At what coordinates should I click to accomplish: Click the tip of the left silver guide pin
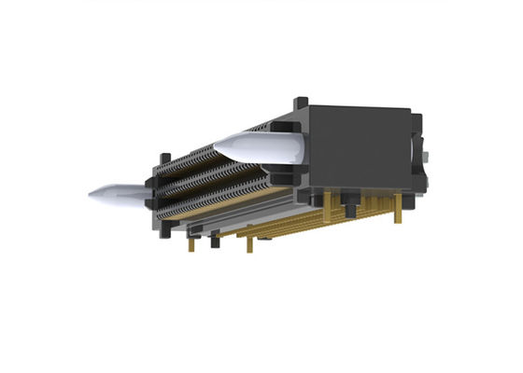(92, 195)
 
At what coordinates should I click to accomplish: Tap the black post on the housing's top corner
(301, 103)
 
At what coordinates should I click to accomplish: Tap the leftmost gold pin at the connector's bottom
(191, 243)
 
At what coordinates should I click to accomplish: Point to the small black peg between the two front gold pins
(215, 241)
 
